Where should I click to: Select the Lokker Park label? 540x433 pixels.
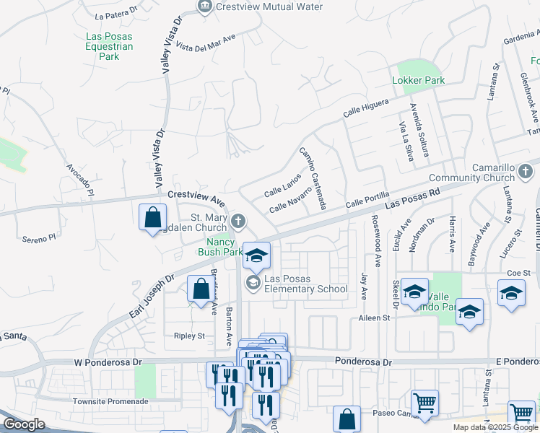[418, 80]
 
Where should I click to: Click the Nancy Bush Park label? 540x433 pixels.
[220, 247]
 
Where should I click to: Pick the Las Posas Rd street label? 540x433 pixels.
[412, 201]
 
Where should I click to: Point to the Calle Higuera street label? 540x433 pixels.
[366, 108]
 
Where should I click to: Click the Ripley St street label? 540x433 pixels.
[189, 336]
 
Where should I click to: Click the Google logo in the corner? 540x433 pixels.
[24, 425]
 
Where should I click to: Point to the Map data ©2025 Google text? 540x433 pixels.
[495, 427]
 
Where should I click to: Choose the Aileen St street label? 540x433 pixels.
[375, 318]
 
